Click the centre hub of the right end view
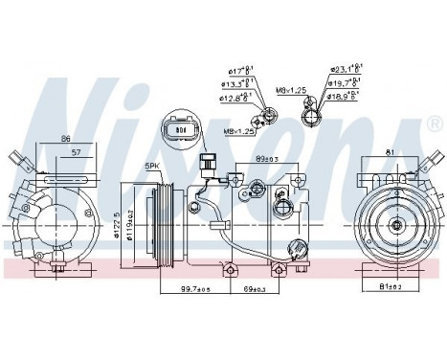(x=394, y=226)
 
